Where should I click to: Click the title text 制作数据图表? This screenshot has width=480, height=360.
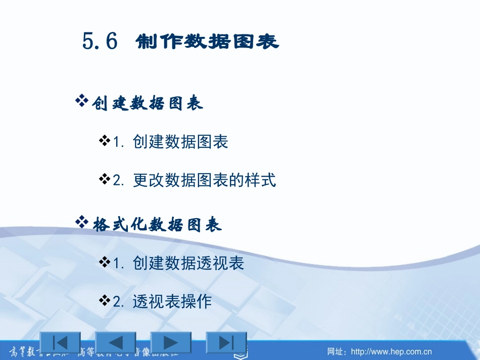[207, 42]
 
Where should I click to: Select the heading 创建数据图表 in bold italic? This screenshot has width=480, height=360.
[148, 104]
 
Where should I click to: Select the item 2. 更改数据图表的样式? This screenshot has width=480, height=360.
[195, 180]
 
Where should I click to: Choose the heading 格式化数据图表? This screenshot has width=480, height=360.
[157, 225]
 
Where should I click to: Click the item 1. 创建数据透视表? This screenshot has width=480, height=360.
[178, 263]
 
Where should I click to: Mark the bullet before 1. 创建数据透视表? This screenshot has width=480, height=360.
[105, 262]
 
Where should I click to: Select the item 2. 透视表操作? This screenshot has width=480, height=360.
[162, 301]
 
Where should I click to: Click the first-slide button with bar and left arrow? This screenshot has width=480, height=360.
[60, 343]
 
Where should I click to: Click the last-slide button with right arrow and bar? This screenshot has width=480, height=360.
[226, 343]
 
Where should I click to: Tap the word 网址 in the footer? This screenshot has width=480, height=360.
[335, 351]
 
